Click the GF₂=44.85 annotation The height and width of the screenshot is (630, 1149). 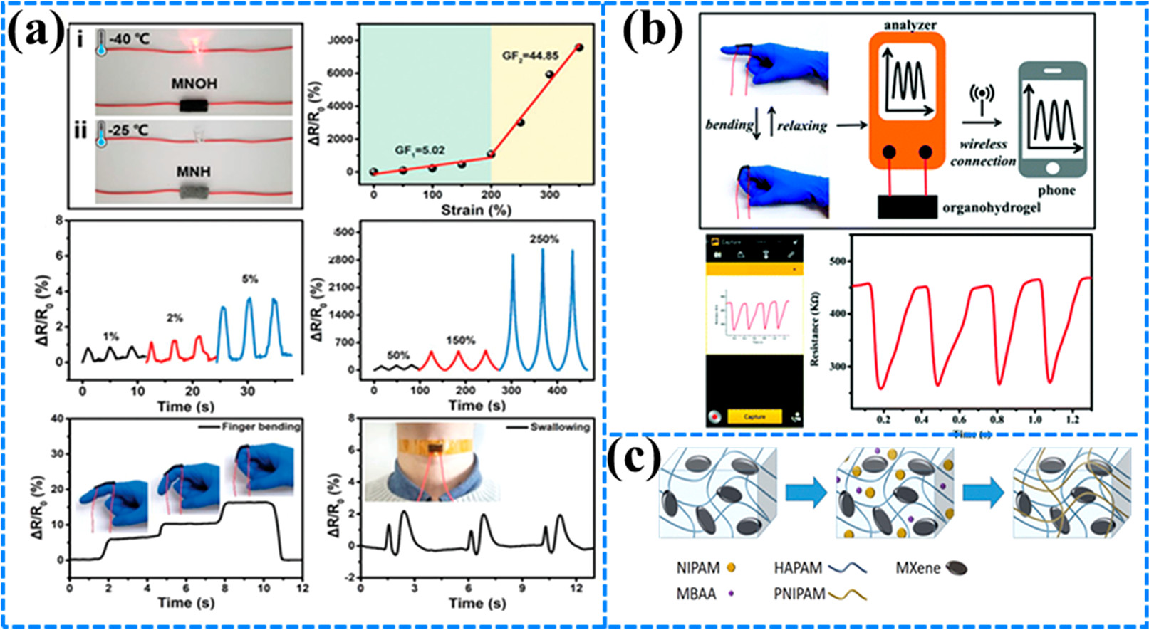click(530, 56)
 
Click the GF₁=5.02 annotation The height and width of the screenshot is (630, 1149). click(420, 150)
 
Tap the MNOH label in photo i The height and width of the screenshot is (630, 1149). click(194, 84)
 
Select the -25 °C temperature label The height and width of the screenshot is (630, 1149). click(128, 130)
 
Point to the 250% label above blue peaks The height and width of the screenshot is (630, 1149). click(544, 240)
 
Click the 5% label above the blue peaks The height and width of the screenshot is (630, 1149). click(249, 279)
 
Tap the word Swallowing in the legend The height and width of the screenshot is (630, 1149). click(560, 427)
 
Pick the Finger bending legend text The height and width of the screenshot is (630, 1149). click(261, 427)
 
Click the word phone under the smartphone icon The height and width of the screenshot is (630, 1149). click(1056, 190)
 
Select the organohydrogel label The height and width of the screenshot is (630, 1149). click(991, 207)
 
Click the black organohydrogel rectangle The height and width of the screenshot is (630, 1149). click(907, 206)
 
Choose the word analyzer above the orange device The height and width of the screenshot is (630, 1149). click(910, 25)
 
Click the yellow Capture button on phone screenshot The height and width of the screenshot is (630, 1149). click(754, 416)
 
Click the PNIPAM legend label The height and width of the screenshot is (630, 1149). click(799, 593)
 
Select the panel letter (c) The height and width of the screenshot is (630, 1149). click(633, 461)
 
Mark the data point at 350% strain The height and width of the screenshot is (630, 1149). click(578, 48)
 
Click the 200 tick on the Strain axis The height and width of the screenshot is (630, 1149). click(491, 194)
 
